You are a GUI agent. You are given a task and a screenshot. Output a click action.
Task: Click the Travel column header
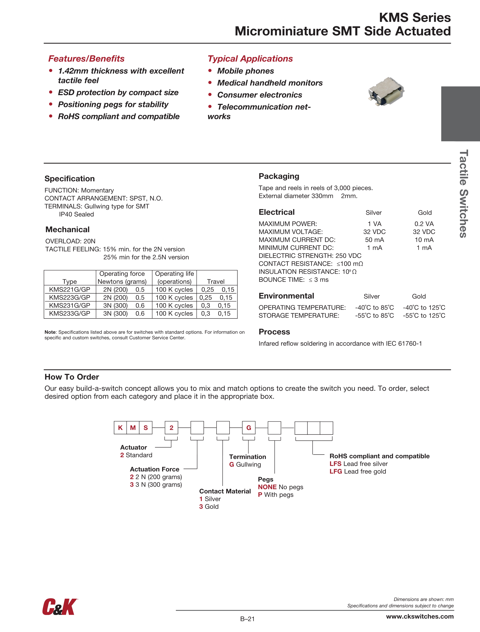click(216, 282)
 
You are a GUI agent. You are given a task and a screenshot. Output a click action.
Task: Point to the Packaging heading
click(279, 176)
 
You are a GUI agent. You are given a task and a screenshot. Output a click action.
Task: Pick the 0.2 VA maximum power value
click(424, 224)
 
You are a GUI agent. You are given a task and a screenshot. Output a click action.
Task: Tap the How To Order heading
click(72, 377)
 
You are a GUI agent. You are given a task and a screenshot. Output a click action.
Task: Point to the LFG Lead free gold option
click(358, 471)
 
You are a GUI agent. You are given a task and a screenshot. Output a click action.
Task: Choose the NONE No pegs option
click(280, 487)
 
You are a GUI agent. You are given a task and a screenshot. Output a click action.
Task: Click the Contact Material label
click(225, 491)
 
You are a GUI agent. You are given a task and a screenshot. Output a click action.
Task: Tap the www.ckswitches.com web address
click(420, 616)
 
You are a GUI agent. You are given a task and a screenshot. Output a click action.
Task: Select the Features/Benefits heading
click(86, 59)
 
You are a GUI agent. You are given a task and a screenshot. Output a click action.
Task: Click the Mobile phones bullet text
click(246, 71)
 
